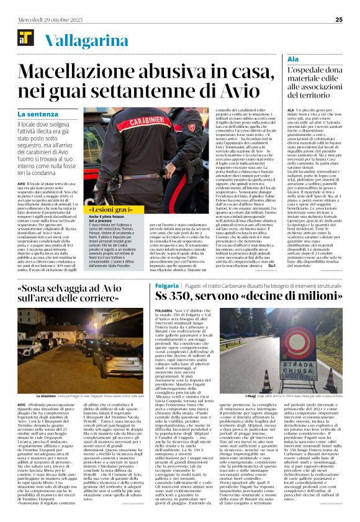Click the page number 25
tap(339, 20)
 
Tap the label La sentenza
tap(39, 114)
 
